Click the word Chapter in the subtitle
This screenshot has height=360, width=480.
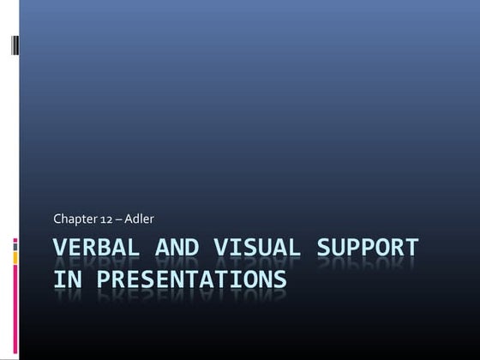click(73, 219)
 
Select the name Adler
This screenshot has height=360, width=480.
click(140, 219)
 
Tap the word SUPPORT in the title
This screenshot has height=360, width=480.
click(368, 249)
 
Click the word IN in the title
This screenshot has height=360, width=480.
click(66, 279)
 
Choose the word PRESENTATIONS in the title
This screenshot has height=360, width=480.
click(189, 279)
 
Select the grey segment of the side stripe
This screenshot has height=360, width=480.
click(15, 256)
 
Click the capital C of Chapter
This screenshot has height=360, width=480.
click(57, 219)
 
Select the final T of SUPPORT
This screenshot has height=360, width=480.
click(411, 249)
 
